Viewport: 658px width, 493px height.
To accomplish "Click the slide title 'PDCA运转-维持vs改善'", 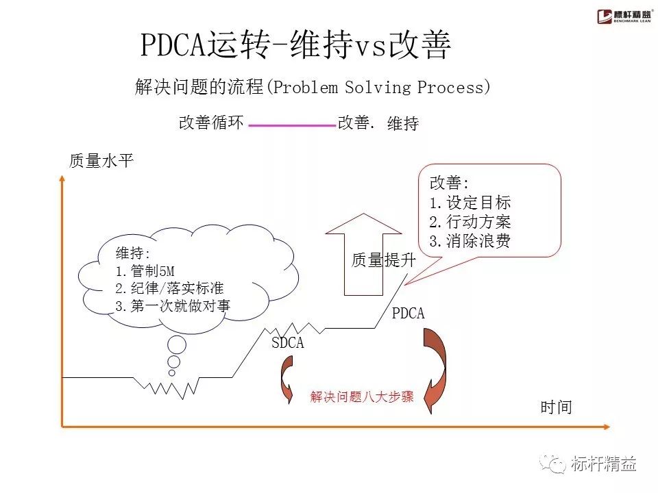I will pos(296,46).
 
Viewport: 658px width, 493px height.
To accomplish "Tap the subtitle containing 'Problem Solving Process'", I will pos(313,88).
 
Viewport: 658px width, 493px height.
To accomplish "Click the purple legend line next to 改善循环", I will pos(291,125).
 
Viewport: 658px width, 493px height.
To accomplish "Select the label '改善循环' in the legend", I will pos(211,123).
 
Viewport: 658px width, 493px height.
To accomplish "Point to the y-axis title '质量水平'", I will pos(101,162).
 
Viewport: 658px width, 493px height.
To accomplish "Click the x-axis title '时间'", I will pos(556,407).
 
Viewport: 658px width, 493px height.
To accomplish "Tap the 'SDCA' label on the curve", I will pos(287,343).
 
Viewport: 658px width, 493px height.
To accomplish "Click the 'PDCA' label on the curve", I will pos(408,314).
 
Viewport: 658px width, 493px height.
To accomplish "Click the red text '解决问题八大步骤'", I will pos(362,397).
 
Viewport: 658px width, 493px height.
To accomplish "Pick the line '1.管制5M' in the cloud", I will pos(145,272).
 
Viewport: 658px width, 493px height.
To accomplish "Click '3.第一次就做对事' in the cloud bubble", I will pos(172,306).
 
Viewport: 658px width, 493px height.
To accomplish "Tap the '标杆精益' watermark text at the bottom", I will pos(603,464).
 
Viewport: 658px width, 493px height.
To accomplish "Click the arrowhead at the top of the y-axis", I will pos(62,179).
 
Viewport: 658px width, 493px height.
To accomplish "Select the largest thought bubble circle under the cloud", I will pos(178,346).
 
